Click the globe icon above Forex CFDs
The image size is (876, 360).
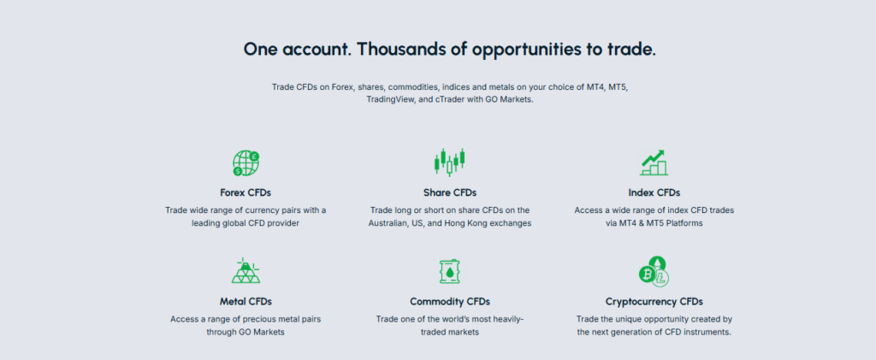(x=246, y=162)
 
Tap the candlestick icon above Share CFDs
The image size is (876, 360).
(x=450, y=161)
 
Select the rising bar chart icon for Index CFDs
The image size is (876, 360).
(x=654, y=162)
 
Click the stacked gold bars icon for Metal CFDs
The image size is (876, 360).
(x=246, y=271)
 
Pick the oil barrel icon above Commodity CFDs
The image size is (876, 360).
(x=450, y=271)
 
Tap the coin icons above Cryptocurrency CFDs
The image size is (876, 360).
(x=654, y=271)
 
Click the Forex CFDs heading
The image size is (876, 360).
(x=246, y=192)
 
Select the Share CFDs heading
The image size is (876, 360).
(x=450, y=192)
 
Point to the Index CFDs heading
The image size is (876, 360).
(x=654, y=192)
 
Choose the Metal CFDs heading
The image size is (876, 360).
(x=246, y=301)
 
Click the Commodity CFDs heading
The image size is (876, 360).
(x=450, y=301)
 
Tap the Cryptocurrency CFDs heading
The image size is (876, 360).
(x=654, y=301)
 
